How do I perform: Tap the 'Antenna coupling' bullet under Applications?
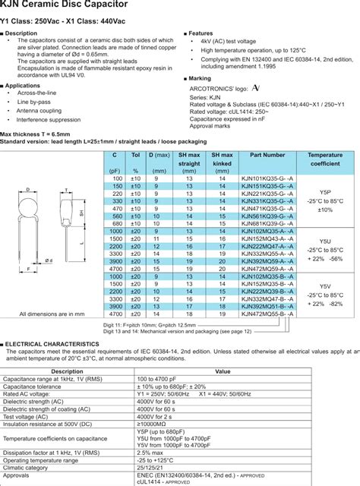point(38,110)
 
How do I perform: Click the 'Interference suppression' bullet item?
point(48,119)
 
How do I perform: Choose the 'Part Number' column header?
point(264,154)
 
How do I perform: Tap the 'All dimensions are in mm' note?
point(52,313)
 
